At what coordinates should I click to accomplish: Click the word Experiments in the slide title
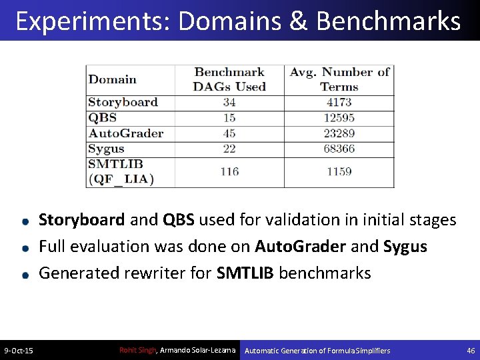click(x=92, y=21)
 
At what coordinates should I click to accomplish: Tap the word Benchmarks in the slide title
click(x=389, y=21)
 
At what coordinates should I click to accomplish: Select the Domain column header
click(x=112, y=79)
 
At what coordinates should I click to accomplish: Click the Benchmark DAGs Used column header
click(x=229, y=79)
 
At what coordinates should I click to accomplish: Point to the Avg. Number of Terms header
click(x=339, y=79)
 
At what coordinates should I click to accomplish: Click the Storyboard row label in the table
click(x=123, y=102)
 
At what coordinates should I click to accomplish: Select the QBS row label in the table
click(x=103, y=117)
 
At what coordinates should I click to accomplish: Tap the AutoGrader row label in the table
click(x=125, y=133)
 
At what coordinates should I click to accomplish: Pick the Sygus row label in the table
click(x=107, y=148)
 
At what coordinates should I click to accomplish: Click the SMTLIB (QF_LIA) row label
click(x=121, y=171)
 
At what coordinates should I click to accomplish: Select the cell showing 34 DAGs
click(x=229, y=102)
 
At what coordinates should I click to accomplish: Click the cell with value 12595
click(x=339, y=117)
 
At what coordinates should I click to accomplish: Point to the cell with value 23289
click(x=339, y=133)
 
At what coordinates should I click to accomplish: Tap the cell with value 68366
click(x=339, y=148)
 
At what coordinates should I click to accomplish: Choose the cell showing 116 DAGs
click(x=229, y=171)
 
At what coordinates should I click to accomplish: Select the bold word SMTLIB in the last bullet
click(x=246, y=273)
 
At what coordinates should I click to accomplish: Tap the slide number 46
click(x=471, y=351)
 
